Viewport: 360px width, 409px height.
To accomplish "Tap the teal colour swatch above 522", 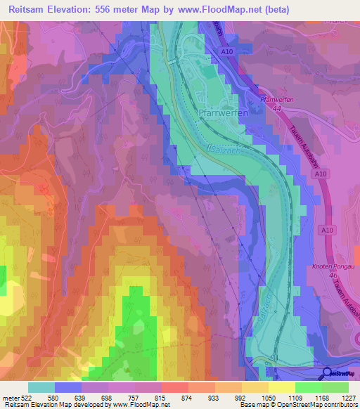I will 41,387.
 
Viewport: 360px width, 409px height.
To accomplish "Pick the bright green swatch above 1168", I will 309,387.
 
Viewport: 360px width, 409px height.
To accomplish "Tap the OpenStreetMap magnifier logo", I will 326,374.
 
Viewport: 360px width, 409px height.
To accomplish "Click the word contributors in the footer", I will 340,405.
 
